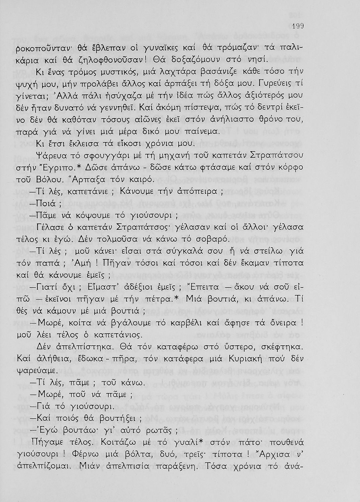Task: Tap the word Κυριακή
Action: click(248, 358)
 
